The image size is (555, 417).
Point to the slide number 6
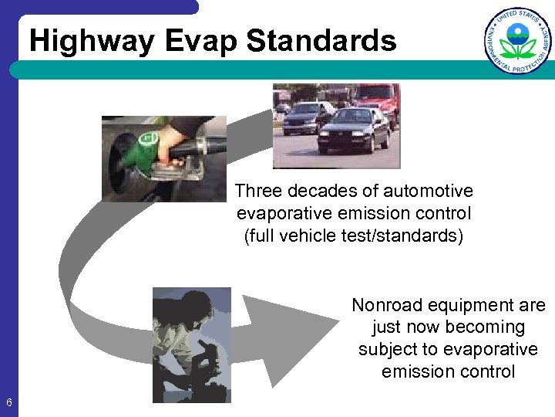8,402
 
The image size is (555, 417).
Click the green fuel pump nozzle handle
143,151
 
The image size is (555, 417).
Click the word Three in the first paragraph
258,191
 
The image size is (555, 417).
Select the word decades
321,191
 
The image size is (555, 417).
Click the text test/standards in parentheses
401,236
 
